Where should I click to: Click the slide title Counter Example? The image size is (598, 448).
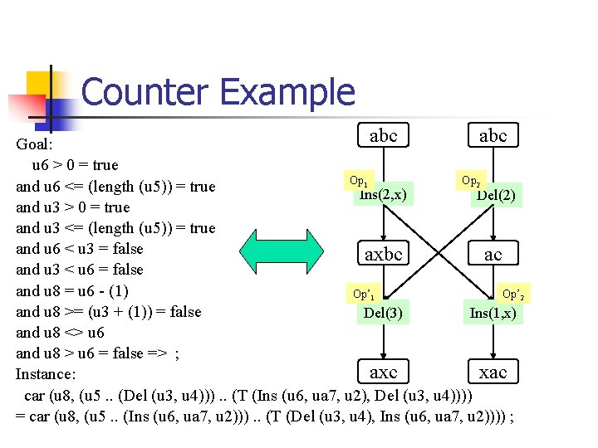(x=218, y=92)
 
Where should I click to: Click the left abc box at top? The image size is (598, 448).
(x=383, y=135)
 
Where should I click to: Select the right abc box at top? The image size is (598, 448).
(x=493, y=135)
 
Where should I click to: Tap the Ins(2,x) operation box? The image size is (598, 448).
(x=383, y=195)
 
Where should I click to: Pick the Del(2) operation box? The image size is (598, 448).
(x=496, y=196)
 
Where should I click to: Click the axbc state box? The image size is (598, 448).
(x=383, y=254)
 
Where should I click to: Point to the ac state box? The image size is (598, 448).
(x=493, y=254)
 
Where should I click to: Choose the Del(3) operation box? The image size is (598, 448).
(x=383, y=313)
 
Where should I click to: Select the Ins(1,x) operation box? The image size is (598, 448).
(x=493, y=313)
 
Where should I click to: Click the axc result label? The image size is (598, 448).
(x=383, y=372)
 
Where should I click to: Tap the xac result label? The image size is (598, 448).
(x=493, y=372)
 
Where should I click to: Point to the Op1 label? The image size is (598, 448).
(x=359, y=180)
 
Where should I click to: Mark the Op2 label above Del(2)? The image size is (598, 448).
(x=470, y=180)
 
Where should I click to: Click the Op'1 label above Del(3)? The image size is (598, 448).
(x=363, y=294)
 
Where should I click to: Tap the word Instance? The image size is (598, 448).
(x=47, y=374)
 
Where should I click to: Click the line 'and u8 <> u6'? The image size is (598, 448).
(x=61, y=332)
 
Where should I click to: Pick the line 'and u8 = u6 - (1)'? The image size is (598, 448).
(x=72, y=290)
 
